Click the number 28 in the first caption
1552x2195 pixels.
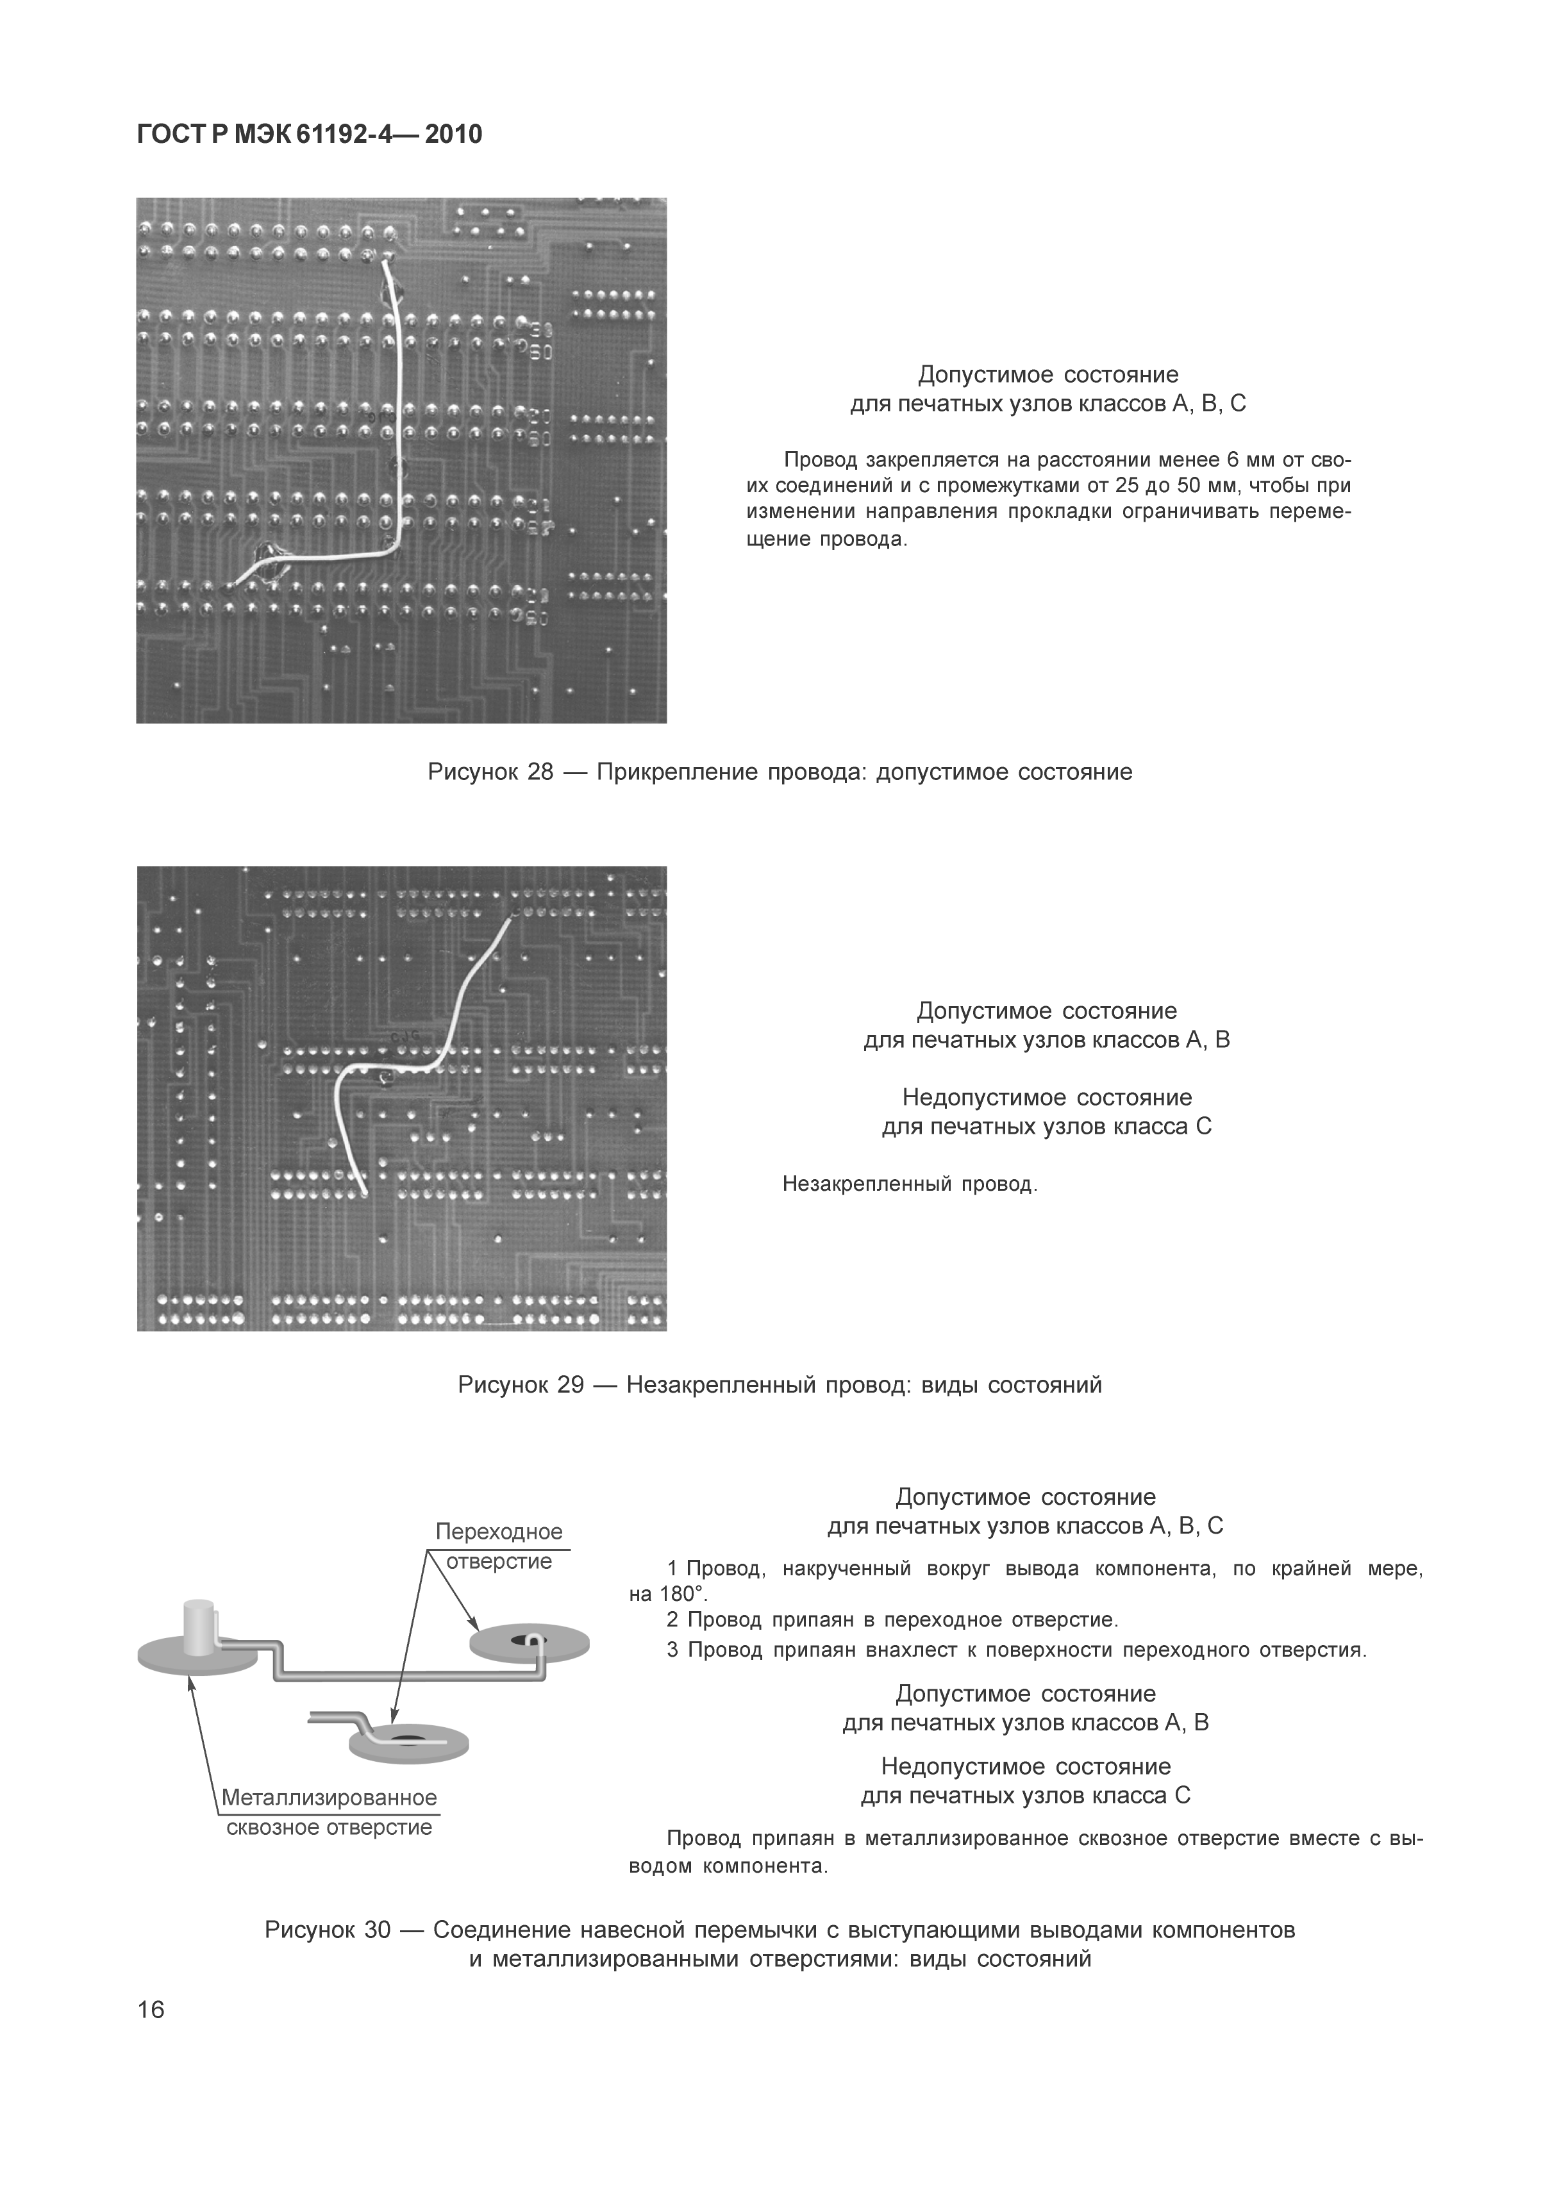point(540,772)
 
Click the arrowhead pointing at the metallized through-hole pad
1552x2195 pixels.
point(191,1686)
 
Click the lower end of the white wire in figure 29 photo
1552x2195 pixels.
point(363,1192)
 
